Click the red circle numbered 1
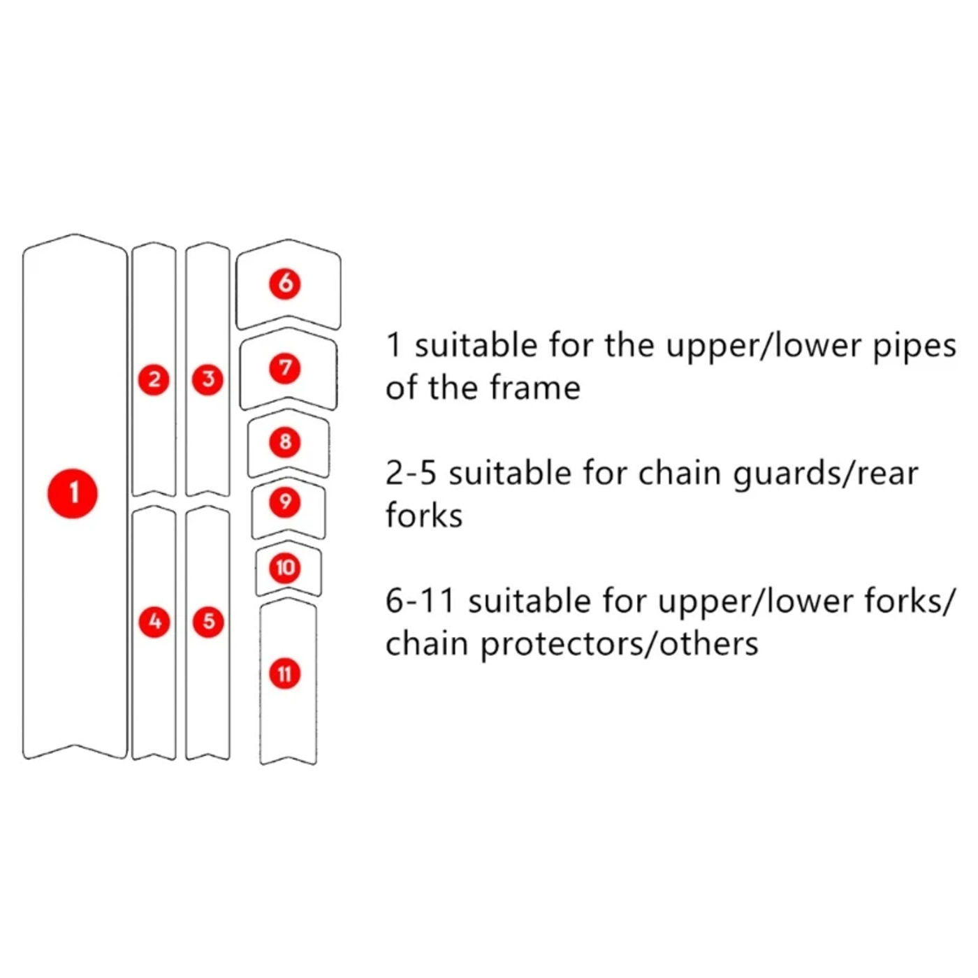(73, 493)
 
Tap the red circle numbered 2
(154, 379)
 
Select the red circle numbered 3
(208, 379)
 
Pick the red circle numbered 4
(155, 621)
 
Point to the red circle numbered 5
(208, 621)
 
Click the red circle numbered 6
(285, 283)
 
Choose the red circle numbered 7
(285, 368)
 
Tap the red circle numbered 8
(285, 441)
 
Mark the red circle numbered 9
(285, 502)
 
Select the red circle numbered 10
(285, 567)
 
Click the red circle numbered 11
(285, 673)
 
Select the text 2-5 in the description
(410, 474)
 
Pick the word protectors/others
(619, 644)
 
